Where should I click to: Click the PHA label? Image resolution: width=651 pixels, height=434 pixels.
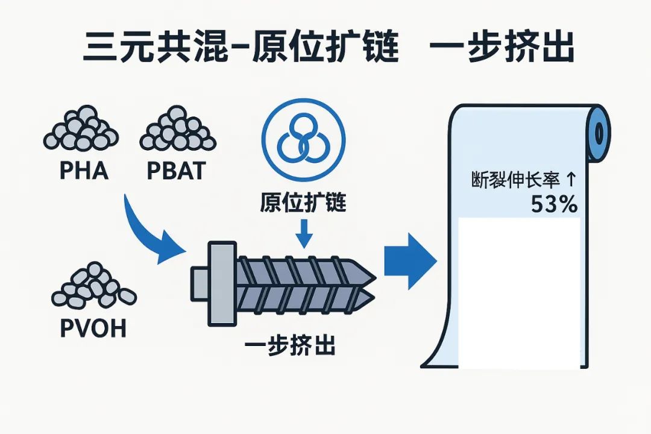pyautogui.click(x=84, y=171)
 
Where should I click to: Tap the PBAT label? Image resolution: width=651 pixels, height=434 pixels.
pyautogui.click(x=176, y=171)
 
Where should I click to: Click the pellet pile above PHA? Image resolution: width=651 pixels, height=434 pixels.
pyautogui.click(x=80, y=129)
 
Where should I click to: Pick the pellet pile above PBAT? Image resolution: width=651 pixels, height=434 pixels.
pyautogui.click(x=177, y=130)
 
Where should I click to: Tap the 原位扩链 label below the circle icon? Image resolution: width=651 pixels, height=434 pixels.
pyautogui.click(x=303, y=202)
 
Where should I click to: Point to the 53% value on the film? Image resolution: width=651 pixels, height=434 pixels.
pyautogui.click(x=554, y=205)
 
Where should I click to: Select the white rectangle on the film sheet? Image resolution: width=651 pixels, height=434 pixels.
pyautogui.click(x=519, y=292)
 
